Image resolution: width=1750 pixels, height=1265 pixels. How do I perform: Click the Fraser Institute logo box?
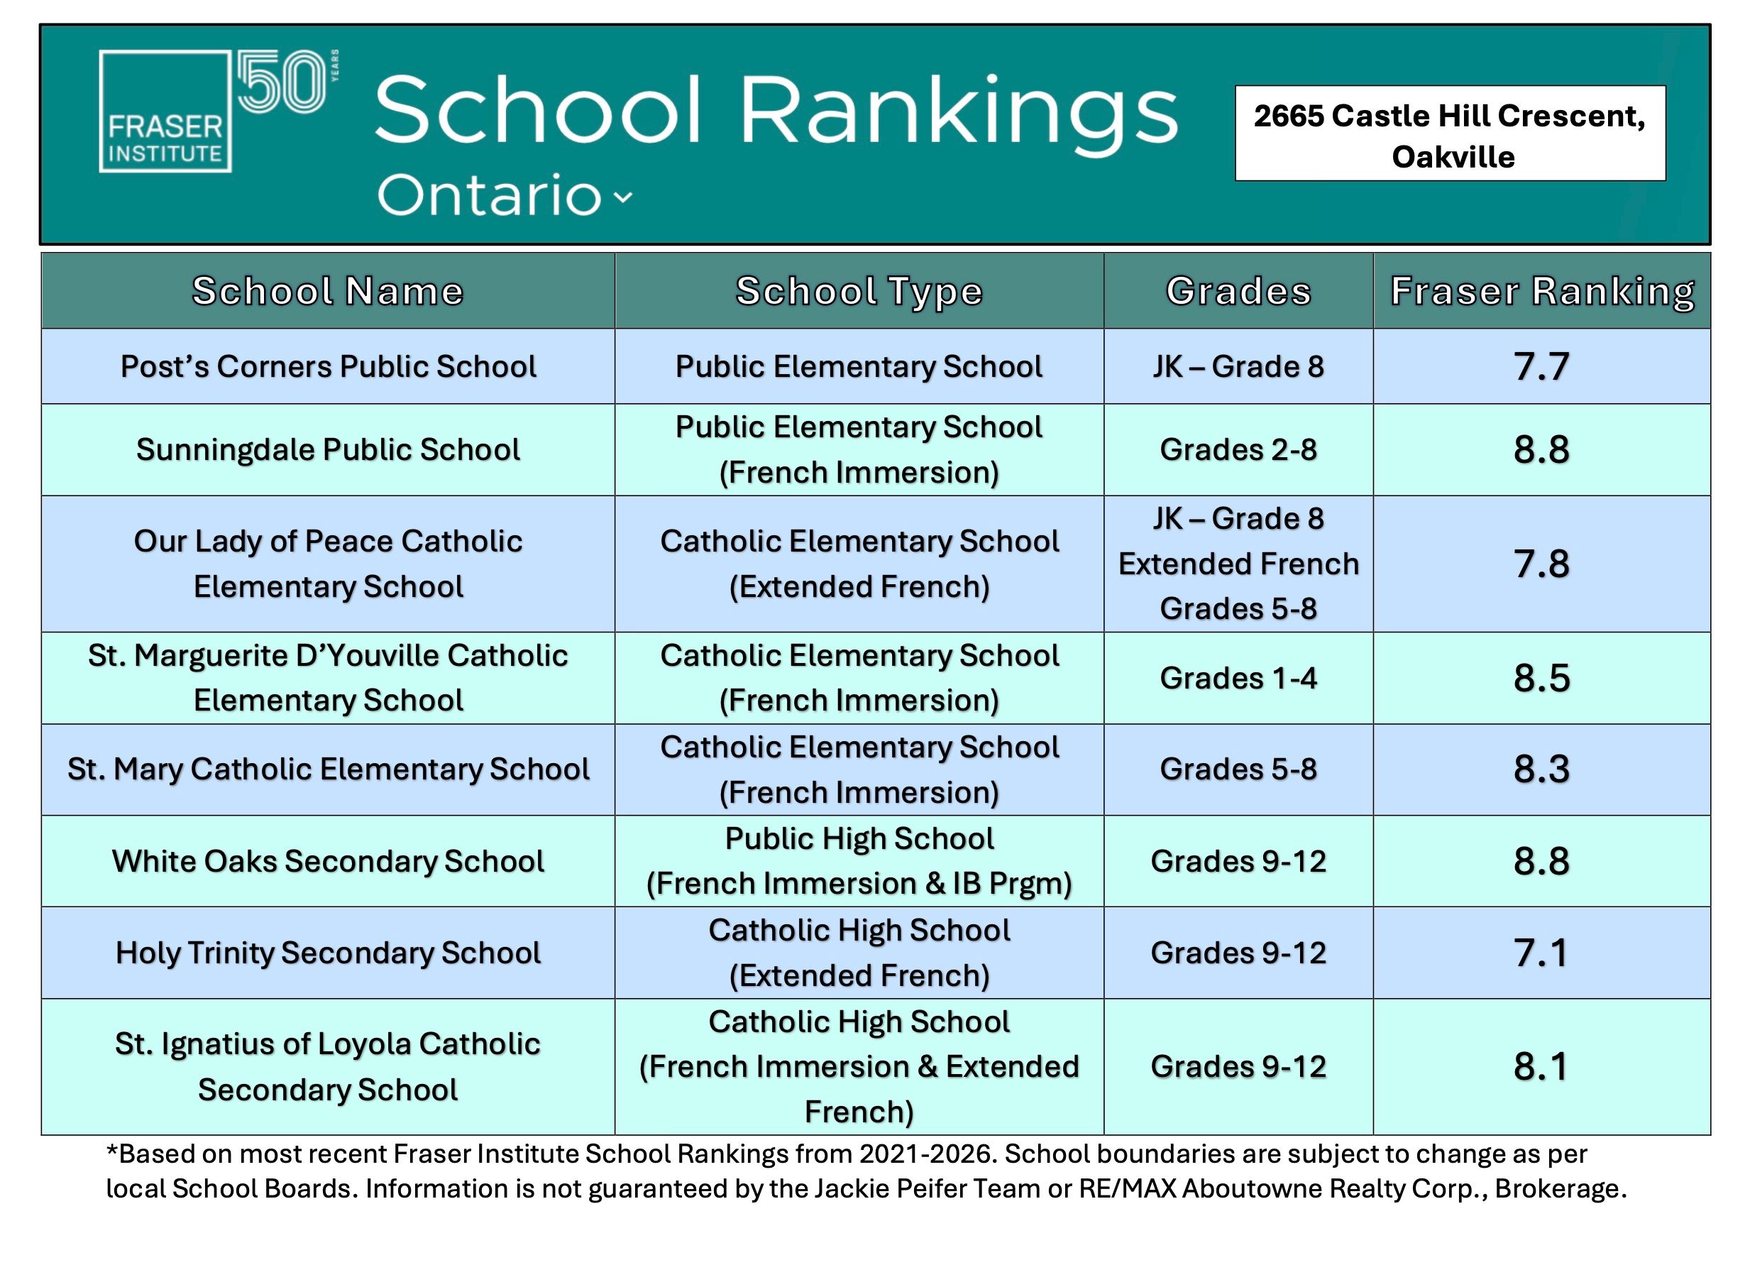click(x=165, y=111)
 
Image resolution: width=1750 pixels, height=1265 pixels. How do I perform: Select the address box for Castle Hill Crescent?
click(x=1449, y=134)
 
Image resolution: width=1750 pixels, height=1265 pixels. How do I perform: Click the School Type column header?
click(x=859, y=291)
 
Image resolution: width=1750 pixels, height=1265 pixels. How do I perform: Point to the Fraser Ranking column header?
click(x=1541, y=291)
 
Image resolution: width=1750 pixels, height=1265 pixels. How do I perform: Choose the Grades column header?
click(x=1238, y=291)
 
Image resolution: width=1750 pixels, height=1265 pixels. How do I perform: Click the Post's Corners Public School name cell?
click(x=328, y=366)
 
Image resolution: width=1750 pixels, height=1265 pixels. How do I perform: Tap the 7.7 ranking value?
click(x=1541, y=366)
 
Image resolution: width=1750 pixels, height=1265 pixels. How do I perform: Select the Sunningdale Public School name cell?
click(x=328, y=450)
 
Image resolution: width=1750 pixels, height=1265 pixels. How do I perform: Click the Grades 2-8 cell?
click(x=1238, y=450)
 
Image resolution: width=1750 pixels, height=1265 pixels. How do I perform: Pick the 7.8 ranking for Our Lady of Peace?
click(x=1541, y=564)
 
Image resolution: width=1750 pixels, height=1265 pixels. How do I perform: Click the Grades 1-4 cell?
click(x=1238, y=679)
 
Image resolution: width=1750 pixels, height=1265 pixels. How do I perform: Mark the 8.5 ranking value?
click(x=1541, y=679)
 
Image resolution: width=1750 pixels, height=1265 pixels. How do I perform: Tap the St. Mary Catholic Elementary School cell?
click(x=328, y=770)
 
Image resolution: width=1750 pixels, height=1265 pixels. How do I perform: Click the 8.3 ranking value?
click(x=1541, y=770)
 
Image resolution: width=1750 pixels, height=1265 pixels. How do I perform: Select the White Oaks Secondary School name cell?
click(x=328, y=861)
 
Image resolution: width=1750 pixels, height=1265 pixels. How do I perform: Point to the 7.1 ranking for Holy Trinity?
click(x=1541, y=953)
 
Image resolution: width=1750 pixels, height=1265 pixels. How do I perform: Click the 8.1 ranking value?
click(x=1541, y=1068)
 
